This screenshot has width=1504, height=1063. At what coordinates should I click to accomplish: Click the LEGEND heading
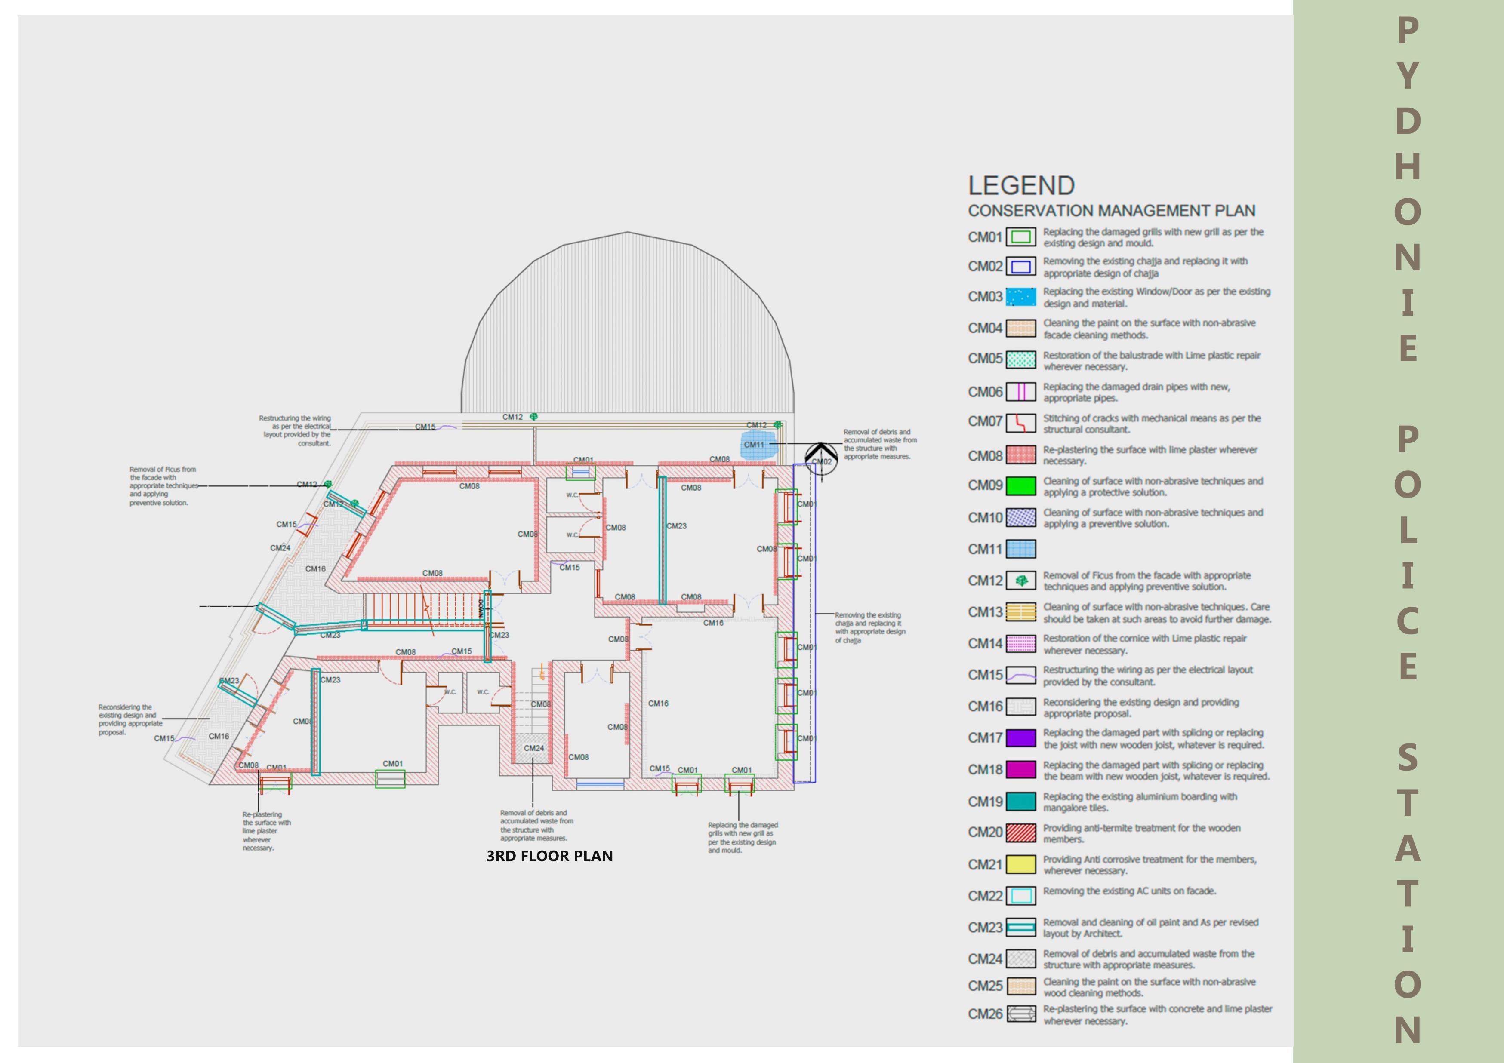tap(1021, 186)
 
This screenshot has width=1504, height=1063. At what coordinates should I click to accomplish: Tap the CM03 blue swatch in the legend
tap(1020, 297)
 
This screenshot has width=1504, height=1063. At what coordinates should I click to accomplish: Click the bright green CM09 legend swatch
tap(1020, 486)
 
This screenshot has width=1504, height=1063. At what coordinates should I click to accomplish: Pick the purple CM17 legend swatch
tap(1020, 738)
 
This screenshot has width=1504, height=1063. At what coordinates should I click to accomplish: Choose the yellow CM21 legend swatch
tap(1020, 864)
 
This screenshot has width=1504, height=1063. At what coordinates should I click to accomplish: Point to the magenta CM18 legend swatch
tap(1020, 770)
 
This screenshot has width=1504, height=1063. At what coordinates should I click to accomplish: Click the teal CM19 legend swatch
tap(1020, 802)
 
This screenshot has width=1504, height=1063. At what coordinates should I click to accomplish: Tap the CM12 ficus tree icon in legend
tap(1020, 580)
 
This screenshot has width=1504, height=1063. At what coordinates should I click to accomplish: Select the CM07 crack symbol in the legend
tap(1020, 422)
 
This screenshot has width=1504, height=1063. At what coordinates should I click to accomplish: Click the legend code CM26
tap(985, 1014)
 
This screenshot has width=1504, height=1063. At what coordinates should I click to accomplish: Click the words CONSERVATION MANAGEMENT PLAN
tap(1112, 211)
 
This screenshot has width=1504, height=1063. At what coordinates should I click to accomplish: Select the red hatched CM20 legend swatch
tap(1020, 833)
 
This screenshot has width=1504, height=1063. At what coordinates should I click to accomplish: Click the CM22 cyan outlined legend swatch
tap(1020, 895)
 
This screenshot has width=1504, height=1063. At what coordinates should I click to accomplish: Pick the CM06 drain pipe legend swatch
tap(1020, 392)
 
